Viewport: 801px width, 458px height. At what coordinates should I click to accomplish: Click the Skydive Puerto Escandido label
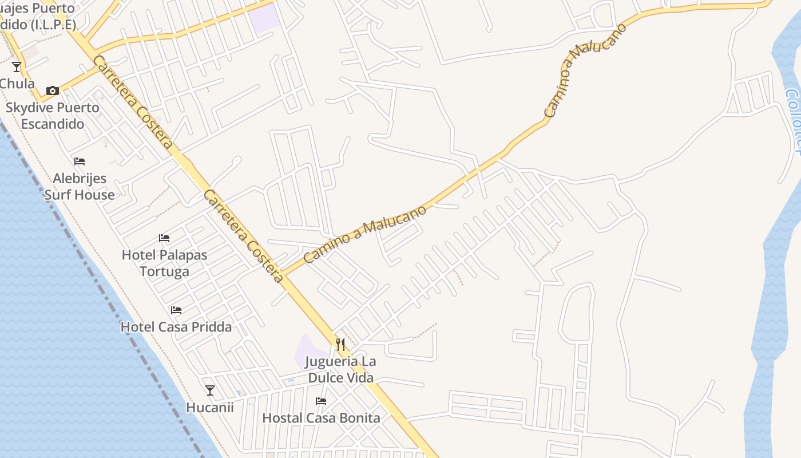(52, 116)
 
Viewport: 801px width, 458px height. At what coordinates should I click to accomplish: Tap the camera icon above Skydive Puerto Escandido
(52, 90)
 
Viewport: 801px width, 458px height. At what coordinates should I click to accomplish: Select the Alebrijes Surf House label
(80, 187)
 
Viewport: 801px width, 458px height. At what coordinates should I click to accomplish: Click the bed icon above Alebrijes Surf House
(80, 161)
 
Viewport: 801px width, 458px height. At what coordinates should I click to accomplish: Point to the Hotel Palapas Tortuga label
(164, 263)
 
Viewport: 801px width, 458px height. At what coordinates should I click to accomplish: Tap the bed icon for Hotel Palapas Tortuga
(164, 238)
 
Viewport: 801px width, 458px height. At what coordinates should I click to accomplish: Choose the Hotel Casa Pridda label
(176, 327)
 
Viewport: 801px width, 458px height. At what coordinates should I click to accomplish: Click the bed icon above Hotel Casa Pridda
(176, 310)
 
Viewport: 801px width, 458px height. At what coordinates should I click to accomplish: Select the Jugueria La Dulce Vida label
(340, 370)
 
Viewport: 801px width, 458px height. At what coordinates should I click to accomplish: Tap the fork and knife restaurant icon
(340, 344)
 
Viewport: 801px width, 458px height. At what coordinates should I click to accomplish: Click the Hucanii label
(210, 407)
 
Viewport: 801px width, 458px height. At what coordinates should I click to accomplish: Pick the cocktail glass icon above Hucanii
(210, 390)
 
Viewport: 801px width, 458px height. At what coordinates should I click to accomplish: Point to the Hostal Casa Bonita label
(321, 418)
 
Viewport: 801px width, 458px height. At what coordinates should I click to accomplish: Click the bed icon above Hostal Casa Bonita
(321, 401)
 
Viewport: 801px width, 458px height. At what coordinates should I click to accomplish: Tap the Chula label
(17, 84)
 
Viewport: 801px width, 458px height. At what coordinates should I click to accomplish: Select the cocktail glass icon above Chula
(17, 67)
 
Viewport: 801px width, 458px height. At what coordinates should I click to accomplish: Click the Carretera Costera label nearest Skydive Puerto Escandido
(133, 102)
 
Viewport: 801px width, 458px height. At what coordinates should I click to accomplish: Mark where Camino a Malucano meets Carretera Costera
(284, 274)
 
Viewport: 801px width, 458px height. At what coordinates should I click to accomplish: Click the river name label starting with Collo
(793, 120)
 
